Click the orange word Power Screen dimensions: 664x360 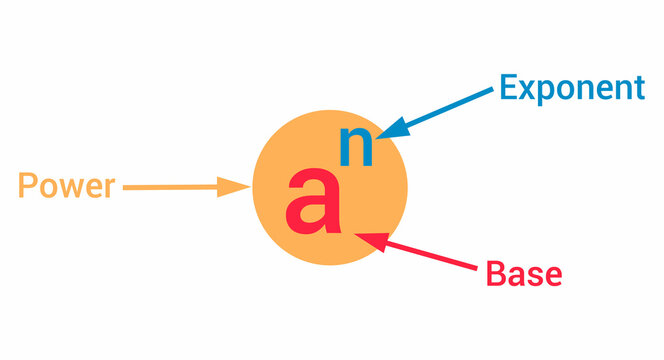point(67,186)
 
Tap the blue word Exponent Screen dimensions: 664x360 point(571,88)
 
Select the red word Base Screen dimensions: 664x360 point(523,272)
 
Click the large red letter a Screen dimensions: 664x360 point(312,201)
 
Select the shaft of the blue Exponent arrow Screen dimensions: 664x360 point(450,106)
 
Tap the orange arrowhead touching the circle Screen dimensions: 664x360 point(237,186)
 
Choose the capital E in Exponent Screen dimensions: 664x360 point(508,88)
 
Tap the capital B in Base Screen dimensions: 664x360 point(495,272)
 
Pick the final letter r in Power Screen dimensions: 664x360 point(110,188)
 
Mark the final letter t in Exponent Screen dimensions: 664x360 point(637,89)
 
